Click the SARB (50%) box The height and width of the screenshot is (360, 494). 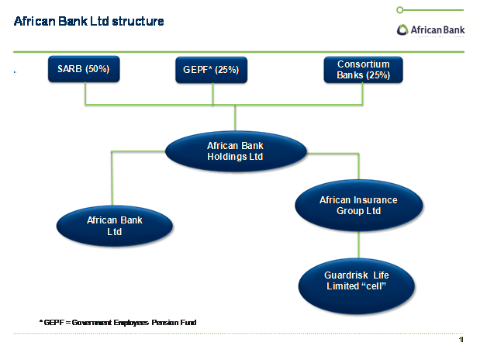click(x=84, y=69)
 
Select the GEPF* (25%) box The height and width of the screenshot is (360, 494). click(x=212, y=70)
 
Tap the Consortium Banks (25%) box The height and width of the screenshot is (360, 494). click(x=363, y=69)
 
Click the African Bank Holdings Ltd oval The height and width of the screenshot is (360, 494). click(x=235, y=151)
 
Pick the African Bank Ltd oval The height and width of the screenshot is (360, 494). click(x=115, y=226)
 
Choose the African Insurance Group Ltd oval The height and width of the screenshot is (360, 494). click(x=358, y=206)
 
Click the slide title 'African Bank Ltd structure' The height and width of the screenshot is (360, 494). click(x=89, y=21)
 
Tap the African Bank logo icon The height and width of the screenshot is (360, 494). click(x=403, y=30)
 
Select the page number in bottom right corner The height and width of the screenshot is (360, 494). click(x=461, y=341)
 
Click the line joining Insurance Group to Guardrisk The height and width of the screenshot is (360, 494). click(x=358, y=243)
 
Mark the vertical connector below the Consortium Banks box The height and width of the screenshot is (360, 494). click(x=363, y=93)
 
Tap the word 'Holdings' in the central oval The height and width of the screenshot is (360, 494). click(x=235, y=157)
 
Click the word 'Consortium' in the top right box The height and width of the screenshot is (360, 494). click(x=363, y=64)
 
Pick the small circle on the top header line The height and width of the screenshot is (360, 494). click(x=399, y=10)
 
